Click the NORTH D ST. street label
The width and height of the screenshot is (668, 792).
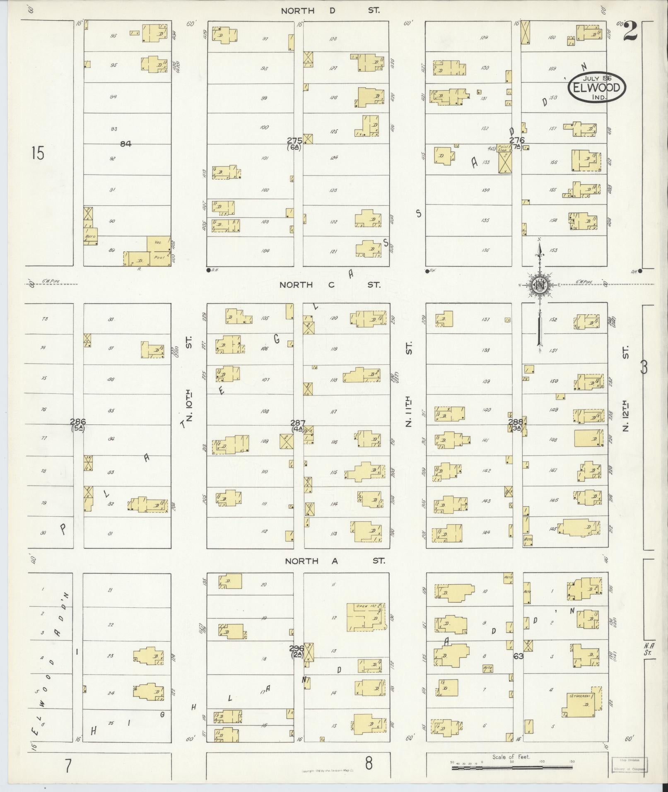[x=330, y=11]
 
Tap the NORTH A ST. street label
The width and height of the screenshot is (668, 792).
[x=335, y=561]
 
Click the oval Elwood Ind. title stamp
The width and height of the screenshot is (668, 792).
[x=596, y=87]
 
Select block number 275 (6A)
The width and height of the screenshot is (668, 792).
[x=295, y=143]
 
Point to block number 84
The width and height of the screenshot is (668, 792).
[x=125, y=144]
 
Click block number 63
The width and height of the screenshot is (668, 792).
[x=518, y=656]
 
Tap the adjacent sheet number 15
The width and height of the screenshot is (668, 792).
[x=37, y=154]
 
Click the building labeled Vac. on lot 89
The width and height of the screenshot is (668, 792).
[x=159, y=243]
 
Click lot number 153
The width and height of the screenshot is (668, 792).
[x=554, y=250]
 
